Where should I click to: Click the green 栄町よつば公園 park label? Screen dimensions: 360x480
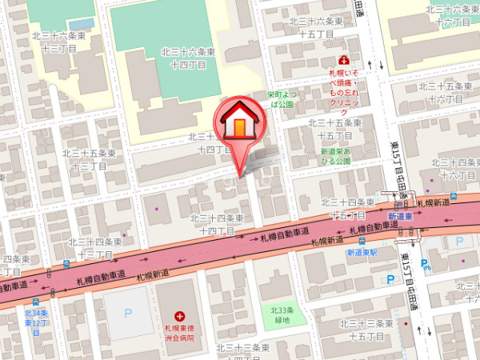[281, 99]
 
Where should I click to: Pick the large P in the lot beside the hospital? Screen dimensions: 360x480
[128, 313]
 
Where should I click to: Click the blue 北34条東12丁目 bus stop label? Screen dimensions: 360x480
[37, 318]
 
